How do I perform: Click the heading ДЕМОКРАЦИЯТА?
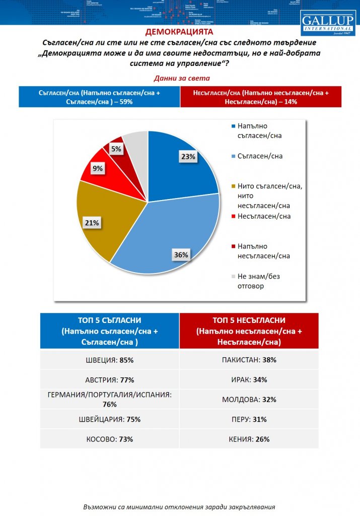pos(180,32)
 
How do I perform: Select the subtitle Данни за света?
pos(180,79)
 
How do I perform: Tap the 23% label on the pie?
pos(187,157)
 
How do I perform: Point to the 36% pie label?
pos(181,255)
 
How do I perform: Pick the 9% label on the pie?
pos(97,169)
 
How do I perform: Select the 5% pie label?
pos(116,149)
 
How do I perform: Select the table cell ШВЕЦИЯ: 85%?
pos(109,360)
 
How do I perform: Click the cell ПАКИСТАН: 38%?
pos(249,360)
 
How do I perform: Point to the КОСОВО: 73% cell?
pos(109,439)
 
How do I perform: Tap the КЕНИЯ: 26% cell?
pos(249,439)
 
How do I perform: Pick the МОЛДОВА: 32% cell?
pos(249,400)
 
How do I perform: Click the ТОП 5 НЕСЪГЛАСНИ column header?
pos(249,331)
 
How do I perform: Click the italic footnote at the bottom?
pos(180,506)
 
